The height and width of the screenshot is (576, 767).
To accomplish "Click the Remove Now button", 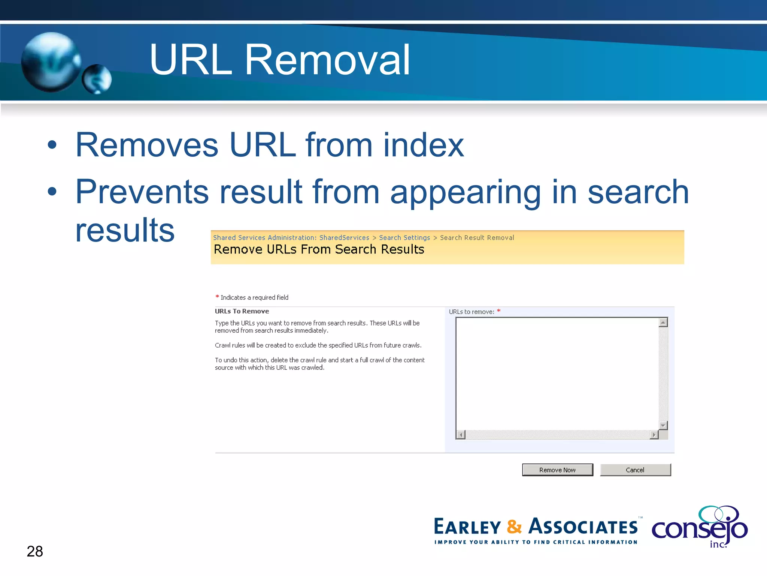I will [557, 470].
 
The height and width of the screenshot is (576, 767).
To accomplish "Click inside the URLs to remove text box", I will [557, 373].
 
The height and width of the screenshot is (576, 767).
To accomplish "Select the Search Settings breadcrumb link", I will [404, 238].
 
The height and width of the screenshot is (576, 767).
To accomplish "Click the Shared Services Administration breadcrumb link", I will [291, 238].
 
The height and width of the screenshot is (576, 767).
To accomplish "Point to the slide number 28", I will [35, 551].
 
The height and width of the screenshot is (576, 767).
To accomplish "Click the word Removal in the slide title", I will [327, 60].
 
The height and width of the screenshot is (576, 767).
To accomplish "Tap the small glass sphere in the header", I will [97, 79].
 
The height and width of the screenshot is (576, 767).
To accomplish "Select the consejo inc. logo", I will [700, 527].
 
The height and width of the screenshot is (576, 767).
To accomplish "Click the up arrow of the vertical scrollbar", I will [663, 322].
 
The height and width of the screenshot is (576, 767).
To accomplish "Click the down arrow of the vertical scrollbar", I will [663, 426].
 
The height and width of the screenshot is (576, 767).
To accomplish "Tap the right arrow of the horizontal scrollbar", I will [654, 435].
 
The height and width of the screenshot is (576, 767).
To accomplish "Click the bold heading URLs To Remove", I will [242, 311].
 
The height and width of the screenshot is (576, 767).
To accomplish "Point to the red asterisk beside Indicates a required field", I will [217, 297].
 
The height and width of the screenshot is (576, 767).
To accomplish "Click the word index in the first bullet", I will [424, 145].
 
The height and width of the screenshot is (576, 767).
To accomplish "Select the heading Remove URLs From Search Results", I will [319, 249].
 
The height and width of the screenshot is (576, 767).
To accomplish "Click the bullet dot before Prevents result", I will [52, 192].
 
